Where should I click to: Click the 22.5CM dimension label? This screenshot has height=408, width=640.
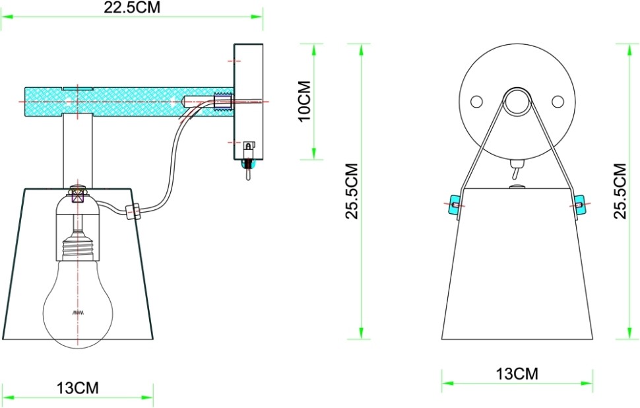point(132,8)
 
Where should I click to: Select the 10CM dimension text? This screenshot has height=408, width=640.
point(305,102)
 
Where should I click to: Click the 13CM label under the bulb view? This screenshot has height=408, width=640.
point(77,388)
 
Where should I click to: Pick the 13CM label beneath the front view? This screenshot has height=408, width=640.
point(517,374)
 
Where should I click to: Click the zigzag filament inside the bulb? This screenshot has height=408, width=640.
point(78,312)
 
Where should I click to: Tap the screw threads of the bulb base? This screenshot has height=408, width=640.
point(78,250)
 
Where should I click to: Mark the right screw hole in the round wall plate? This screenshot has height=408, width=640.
point(558,101)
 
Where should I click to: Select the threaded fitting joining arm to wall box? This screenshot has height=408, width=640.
point(224,102)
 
